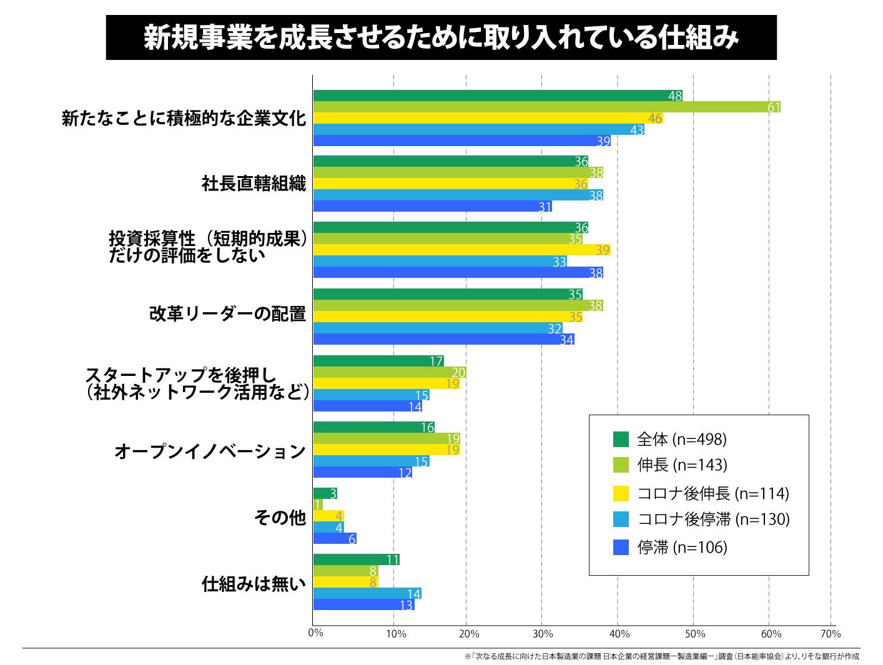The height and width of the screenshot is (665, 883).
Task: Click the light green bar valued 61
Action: tap(546, 107)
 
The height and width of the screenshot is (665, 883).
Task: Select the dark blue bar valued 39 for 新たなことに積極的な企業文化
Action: tap(461, 141)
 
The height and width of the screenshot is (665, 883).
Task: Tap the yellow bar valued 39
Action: tap(461, 250)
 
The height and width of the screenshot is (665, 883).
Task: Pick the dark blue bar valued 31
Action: tap(432, 206)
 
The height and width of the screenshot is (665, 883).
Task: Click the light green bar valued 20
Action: tap(390, 372)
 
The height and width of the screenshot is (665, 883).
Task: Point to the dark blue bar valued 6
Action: tap(335, 538)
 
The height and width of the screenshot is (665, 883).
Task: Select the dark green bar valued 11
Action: tap(356, 559)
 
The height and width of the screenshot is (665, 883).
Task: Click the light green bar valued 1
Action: tap(318, 505)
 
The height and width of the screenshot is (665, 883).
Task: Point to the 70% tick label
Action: tap(831, 634)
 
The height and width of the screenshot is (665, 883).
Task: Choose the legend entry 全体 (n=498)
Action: tap(681, 440)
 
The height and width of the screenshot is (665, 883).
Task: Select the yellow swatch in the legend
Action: tap(620, 493)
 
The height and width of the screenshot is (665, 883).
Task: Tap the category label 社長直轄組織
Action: tap(254, 184)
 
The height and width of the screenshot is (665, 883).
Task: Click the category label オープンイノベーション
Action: tap(210, 451)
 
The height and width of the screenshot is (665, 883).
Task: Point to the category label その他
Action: tap(280, 518)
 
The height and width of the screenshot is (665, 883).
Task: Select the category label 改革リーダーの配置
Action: tap(227, 313)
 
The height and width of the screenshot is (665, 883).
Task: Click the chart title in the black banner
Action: tap(441, 37)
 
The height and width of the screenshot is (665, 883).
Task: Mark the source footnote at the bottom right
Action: tap(661, 657)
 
